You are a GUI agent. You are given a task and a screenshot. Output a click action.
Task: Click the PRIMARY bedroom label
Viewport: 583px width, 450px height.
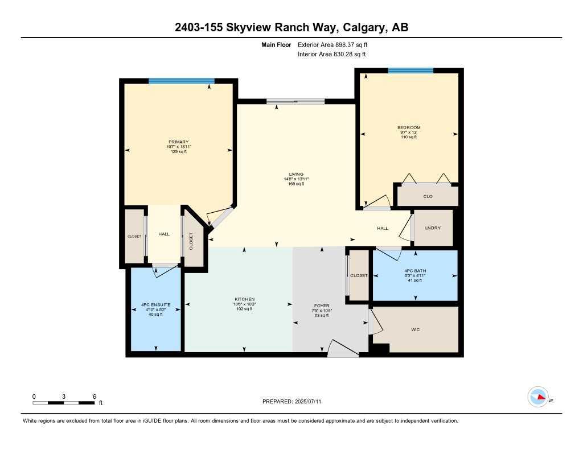point(178,142)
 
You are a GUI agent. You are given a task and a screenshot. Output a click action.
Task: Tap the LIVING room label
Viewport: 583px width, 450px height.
point(295,174)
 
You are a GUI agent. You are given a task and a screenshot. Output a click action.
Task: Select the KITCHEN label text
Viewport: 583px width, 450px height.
point(245,299)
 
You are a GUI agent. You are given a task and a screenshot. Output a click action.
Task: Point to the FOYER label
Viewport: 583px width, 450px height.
point(322,305)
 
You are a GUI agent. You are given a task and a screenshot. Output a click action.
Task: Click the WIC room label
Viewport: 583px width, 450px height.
point(415,330)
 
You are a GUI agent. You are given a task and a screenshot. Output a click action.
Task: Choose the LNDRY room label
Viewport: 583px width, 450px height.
point(433,228)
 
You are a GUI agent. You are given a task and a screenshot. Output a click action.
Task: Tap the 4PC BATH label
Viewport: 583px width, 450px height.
point(415,271)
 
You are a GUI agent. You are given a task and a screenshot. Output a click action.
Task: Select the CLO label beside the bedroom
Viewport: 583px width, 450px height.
point(428,196)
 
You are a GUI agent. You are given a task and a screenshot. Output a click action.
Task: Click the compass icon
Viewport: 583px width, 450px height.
point(538,397)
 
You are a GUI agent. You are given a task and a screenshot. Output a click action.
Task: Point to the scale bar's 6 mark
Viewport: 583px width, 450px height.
point(94,396)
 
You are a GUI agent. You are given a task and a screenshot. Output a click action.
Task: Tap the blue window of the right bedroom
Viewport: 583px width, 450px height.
point(410,71)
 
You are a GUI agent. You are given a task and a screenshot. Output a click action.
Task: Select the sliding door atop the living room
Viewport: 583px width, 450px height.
point(295,102)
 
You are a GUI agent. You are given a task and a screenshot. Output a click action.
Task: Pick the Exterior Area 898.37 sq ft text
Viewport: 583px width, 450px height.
point(336,44)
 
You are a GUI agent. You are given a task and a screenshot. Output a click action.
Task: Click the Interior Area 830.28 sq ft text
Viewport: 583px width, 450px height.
point(332,54)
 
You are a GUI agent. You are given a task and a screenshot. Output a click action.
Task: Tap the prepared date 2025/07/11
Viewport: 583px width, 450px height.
point(312,402)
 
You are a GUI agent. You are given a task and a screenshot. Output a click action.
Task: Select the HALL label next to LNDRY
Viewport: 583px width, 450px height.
point(383,228)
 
